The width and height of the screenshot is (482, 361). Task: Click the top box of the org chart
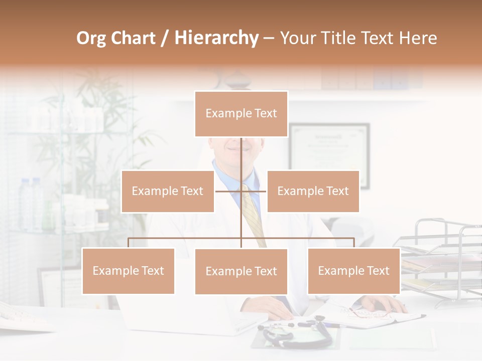[241, 114]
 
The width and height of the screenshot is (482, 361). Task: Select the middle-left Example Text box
[168, 191]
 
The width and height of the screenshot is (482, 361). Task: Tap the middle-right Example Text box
[313, 191]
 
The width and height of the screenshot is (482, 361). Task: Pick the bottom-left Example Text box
[128, 271]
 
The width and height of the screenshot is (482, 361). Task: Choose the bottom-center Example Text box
[241, 271]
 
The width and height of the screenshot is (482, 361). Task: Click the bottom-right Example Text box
[353, 271]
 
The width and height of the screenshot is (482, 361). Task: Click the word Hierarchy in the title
[216, 38]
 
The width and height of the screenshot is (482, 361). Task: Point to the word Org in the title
[91, 38]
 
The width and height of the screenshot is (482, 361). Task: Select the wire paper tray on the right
[442, 261]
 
